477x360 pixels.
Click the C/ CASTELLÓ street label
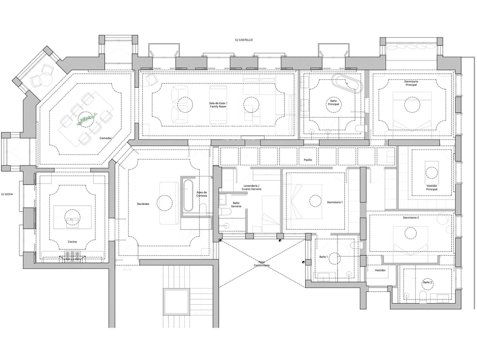244,40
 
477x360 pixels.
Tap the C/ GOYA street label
7,194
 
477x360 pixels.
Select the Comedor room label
106,138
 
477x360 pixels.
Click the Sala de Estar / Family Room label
218,105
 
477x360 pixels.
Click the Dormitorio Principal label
411,83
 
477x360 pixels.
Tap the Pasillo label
308,160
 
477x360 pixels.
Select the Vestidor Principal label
432,188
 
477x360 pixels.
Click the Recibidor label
143,204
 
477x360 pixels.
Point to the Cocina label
72,242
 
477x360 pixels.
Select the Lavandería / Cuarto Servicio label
251,187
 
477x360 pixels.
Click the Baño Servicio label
236,204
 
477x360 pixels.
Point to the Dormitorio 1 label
335,202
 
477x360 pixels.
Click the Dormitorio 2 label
411,218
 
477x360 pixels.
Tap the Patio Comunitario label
262,264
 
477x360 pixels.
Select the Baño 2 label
428,282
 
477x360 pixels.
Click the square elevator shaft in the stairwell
177,302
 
